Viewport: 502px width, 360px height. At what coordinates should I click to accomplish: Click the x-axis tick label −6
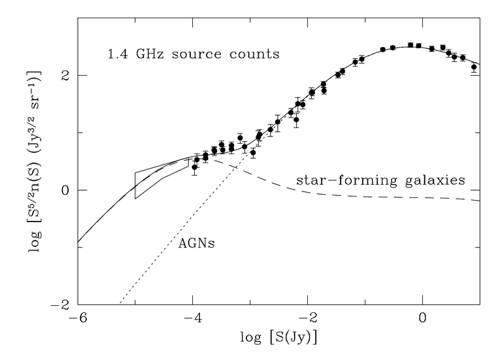click(x=77, y=320)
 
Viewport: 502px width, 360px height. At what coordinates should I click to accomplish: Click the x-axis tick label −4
click(x=192, y=320)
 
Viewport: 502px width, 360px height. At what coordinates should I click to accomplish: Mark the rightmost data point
click(x=475, y=67)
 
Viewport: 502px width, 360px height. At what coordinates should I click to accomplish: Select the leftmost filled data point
click(x=195, y=167)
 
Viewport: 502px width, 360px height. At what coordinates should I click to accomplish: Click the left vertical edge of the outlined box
click(x=135, y=185)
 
